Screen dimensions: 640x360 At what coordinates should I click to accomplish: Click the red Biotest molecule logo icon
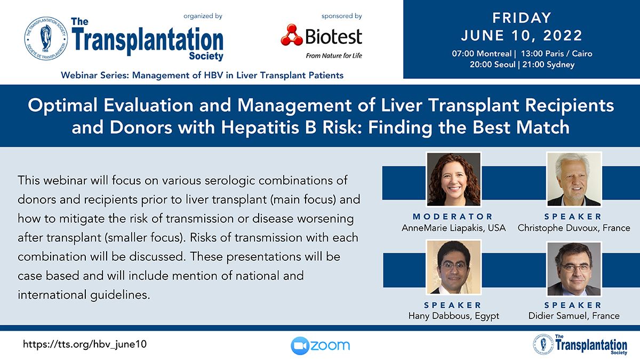pos(292,35)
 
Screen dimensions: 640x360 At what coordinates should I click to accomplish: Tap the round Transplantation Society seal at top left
pos(46,38)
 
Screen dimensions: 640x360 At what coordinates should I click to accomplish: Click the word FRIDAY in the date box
pos(522,18)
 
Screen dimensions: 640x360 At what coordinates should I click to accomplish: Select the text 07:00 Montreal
pos(482,54)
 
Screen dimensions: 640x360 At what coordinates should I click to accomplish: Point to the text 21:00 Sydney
pos(548,65)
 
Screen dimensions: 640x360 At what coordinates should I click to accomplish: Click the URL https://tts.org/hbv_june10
pos(85,345)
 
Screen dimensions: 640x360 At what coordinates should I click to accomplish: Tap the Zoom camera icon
pos(300,346)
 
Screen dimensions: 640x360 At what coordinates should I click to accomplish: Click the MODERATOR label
pos(453,217)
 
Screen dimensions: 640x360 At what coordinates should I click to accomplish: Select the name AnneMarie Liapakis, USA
pos(454,228)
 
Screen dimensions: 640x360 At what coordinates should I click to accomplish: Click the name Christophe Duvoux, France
pos(574,228)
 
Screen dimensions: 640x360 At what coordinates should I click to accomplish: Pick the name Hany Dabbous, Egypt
pos(454,316)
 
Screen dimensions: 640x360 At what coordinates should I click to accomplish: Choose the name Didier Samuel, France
pos(574,316)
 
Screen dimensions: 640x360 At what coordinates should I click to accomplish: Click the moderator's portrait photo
pos(454,179)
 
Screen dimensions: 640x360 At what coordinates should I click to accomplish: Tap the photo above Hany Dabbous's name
pos(454,267)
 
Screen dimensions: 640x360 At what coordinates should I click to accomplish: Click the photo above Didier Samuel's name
pos(574,269)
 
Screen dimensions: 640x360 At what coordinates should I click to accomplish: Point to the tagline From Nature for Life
pos(334,55)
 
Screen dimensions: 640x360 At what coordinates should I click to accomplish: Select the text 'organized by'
pos(203,17)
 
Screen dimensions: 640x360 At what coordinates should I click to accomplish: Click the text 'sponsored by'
pos(342,17)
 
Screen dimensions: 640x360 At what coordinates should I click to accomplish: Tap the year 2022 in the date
pos(563,35)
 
